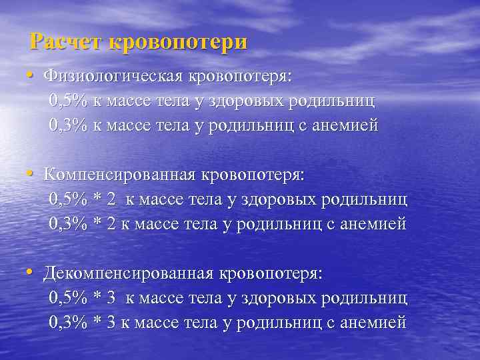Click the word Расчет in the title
point(66,42)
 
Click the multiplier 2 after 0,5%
point(111,199)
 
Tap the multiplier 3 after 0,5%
point(111,298)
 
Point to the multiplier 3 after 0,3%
point(111,323)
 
